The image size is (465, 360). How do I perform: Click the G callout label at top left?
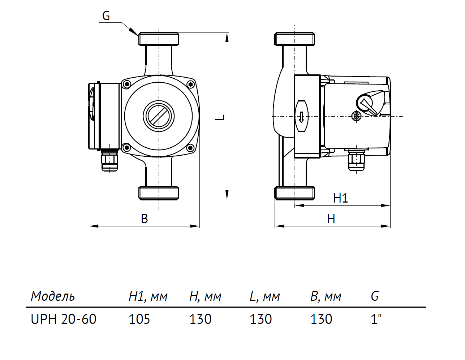[106, 16]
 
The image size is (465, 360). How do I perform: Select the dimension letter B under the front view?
[144, 219]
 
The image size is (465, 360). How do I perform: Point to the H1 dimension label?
[340, 198]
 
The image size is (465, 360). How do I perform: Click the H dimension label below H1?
[331, 219]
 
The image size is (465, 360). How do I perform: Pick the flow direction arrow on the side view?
[301, 117]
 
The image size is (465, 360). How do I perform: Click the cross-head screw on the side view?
[356, 116]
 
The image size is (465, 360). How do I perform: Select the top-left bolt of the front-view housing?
[126, 84]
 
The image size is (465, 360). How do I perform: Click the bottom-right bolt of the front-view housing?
[190, 147]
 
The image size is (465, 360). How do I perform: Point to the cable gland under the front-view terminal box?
[109, 161]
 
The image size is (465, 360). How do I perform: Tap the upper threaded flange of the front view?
[159, 39]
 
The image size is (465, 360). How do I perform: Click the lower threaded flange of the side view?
[294, 193]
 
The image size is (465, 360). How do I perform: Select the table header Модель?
[53, 296]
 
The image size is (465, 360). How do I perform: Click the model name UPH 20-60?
[64, 319]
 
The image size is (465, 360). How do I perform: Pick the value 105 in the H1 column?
[139, 319]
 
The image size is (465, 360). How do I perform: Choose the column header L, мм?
[264, 296]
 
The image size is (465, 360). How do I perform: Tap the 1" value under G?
[376, 319]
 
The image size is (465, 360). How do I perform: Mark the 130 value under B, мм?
[321, 319]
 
